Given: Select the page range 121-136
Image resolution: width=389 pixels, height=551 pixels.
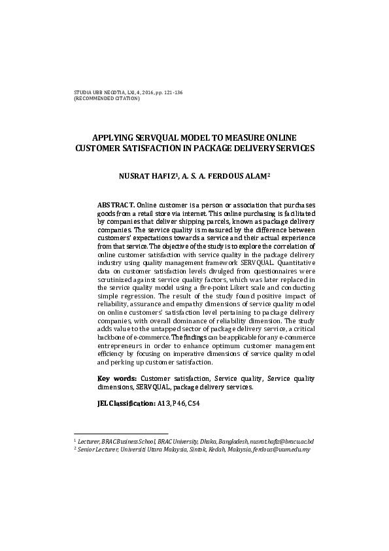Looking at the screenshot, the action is (x=172, y=93).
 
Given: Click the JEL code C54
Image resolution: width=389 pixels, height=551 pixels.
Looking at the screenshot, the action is (x=193, y=404).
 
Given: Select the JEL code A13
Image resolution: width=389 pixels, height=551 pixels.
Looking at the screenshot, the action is (x=164, y=404).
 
